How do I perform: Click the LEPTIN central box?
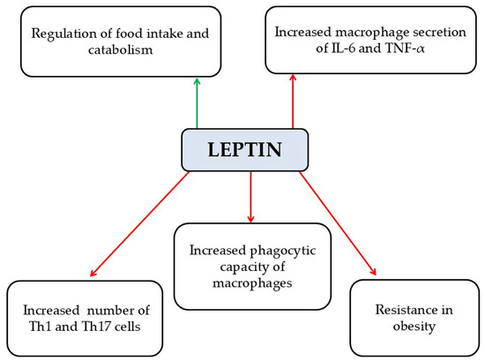[244, 150]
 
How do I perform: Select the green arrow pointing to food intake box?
[197, 103]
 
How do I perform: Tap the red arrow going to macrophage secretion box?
[293, 102]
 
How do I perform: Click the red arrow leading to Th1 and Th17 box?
[139, 223]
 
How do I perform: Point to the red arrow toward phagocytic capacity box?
[250, 197]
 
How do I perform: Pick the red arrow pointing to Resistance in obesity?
[338, 223]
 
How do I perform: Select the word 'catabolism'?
[121, 49]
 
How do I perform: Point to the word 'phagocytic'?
[283, 251]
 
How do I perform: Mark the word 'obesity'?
[414, 327]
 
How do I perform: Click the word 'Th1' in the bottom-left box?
[41, 327]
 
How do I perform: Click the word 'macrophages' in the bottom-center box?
[252, 283]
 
